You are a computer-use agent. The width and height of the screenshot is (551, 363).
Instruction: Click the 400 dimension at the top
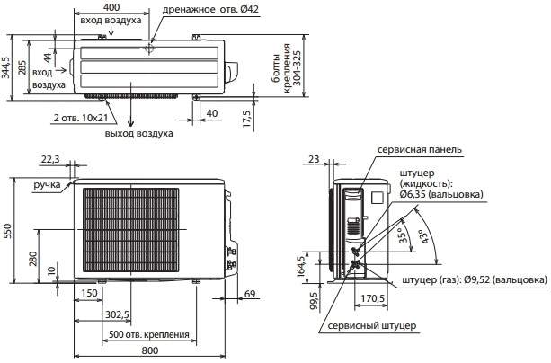111,6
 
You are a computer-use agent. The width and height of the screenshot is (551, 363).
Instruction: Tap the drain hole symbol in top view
149,49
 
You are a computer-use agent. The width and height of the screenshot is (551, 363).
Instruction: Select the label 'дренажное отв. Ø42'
210,10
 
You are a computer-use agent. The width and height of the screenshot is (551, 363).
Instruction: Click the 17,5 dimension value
247,119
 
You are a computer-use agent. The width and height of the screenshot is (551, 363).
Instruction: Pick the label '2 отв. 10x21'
81,118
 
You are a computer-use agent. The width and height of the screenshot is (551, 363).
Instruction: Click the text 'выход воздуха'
138,134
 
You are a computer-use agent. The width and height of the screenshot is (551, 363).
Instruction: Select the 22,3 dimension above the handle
50,160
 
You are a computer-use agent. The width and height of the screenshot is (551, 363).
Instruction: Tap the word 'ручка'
47,184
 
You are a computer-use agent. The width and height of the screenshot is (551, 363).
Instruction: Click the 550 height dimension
7,231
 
